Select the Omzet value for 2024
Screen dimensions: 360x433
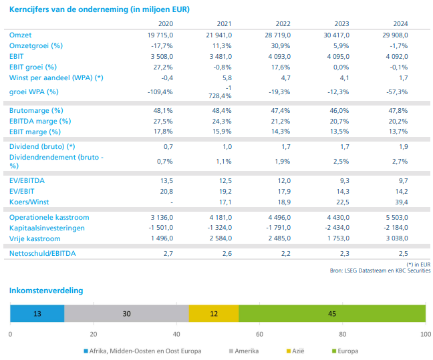pos(394,35)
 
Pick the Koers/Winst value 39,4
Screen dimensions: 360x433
pos(400,202)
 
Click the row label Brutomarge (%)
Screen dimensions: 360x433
pos(36,110)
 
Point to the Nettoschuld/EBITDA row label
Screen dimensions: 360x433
pos(43,254)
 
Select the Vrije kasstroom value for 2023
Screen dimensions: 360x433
pos(336,238)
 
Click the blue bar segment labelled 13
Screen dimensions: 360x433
pos(37,314)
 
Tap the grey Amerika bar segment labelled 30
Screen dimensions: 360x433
pos(126,314)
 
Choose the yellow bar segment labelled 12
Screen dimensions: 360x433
pos(214,314)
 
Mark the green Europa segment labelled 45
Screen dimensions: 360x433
pos(332,314)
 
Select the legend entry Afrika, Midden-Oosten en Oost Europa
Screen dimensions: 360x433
pos(144,351)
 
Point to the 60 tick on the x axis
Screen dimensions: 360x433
pos(259,334)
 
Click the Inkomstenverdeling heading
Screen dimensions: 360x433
pos(46,291)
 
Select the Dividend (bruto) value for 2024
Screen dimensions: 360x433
pos(404,146)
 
